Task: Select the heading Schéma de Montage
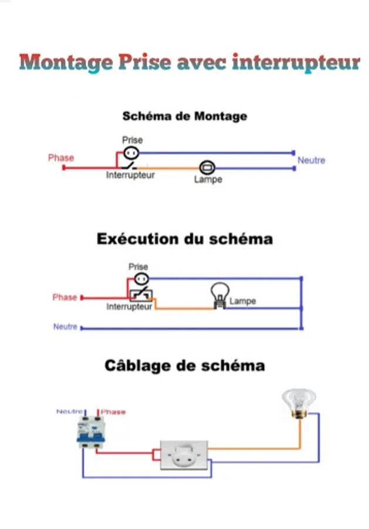click(x=185, y=116)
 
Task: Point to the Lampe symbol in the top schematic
click(x=207, y=168)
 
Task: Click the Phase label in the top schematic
click(x=61, y=158)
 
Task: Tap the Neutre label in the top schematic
click(x=311, y=160)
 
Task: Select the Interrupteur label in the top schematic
click(x=131, y=176)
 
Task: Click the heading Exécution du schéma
click(x=185, y=239)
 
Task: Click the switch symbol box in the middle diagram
click(x=141, y=294)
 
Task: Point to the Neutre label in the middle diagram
click(x=65, y=327)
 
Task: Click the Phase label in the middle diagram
click(x=65, y=297)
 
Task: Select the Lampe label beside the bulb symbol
click(x=242, y=302)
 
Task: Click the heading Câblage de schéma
click(x=185, y=366)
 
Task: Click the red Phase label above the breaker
click(x=113, y=412)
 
